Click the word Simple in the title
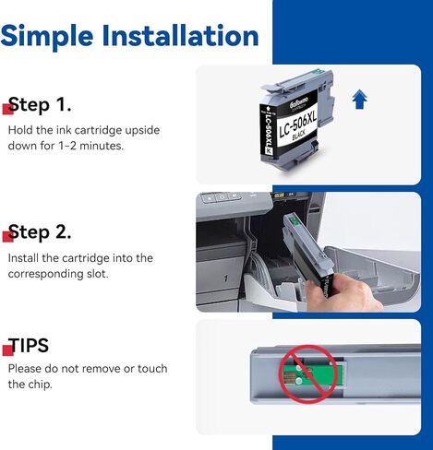[x=47, y=37]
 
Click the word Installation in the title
[x=180, y=35]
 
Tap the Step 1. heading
[x=40, y=104]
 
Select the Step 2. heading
[x=40, y=232]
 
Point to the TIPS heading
[x=29, y=345]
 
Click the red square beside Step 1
[x=7, y=109]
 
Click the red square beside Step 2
[x=7, y=237]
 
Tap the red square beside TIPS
[x=7, y=350]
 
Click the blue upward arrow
[x=359, y=99]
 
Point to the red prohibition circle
[x=308, y=373]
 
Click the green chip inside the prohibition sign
[x=311, y=373]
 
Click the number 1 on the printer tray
[x=226, y=278]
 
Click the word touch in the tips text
[x=152, y=369]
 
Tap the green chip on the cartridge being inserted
[x=294, y=219]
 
